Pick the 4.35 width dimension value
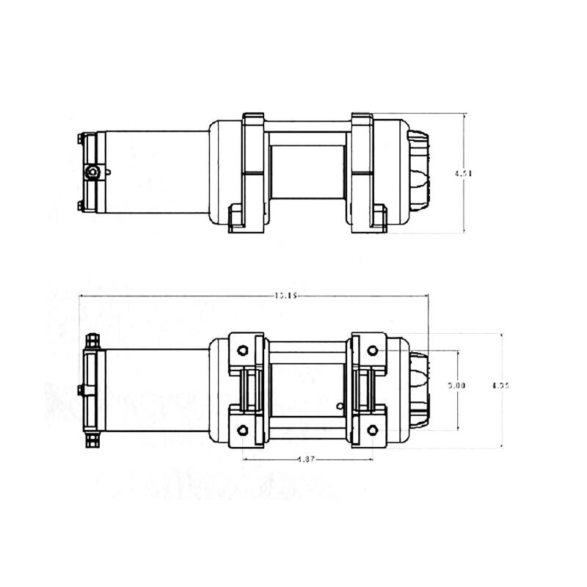point(500,384)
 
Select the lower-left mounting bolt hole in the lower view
point(243,429)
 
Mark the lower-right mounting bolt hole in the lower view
point(372,429)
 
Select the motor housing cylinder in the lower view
point(158,389)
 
